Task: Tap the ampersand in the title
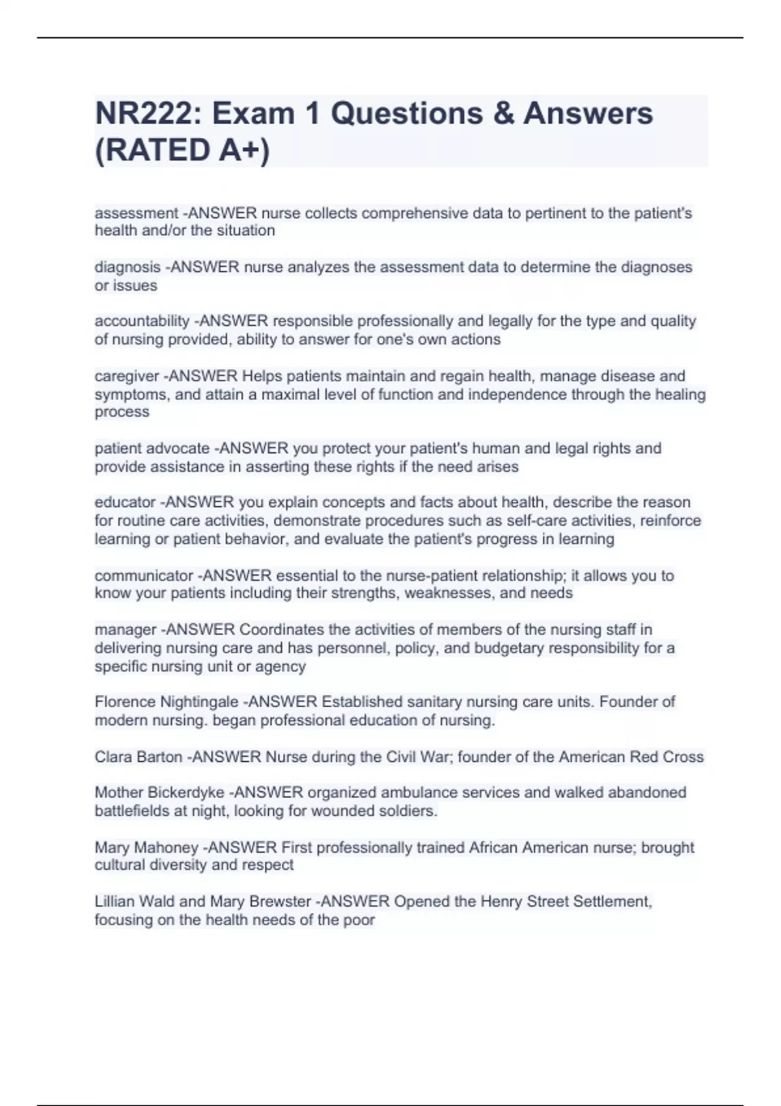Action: click(x=503, y=113)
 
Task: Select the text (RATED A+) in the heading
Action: click(x=182, y=150)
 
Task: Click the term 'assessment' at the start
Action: click(x=136, y=213)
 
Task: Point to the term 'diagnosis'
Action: click(x=128, y=267)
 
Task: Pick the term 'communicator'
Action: click(x=144, y=576)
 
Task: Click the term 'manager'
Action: click(x=125, y=630)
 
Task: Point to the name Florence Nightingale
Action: click(x=166, y=702)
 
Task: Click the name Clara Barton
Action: click(x=139, y=757)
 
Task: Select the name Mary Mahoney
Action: click(x=146, y=848)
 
